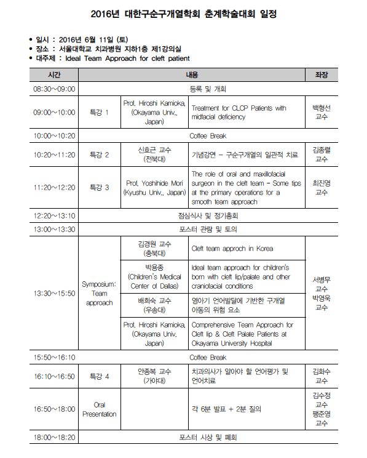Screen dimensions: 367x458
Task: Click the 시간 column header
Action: pos(54,74)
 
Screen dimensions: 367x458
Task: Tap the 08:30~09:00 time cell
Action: pos(54,89)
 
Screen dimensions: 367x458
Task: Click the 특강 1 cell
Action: pos(99,112)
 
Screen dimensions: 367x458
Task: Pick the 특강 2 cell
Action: pos(99,155)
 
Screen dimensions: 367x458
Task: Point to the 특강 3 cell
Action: pos(99,188)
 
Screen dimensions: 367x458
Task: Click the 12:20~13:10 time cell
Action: pos(54,216)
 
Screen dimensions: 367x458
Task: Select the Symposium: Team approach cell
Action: pos(99,294)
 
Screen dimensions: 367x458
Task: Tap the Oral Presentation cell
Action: pos(99,409)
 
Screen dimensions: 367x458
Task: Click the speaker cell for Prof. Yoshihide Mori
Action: pos(154,188)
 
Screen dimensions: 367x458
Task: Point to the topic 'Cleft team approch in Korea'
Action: pos(232,249)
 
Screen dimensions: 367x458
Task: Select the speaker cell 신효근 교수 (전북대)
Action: pos(154,155)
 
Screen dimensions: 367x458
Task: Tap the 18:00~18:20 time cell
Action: pos(54,438)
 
